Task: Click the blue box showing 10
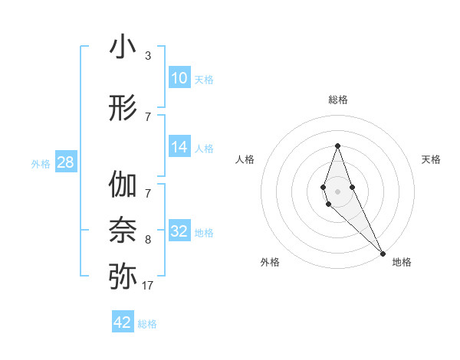click(x=179, y=78)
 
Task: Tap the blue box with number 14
click(x=179, y=148)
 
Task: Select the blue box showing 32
click(x=179, y=231)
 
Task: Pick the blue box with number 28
click(x=65, y=162)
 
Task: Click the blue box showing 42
click(x=123, y=322)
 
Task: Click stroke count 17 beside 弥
click(x=147, y=286)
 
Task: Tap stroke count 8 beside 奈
click(x=147, y=240)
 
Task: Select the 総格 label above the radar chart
click(x=337, y=100)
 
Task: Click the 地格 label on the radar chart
click(x=402, y=262)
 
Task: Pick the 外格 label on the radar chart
click(x=270, y=262)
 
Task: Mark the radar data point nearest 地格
click(x=382, y=253)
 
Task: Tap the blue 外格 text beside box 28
click(x=41, y=163)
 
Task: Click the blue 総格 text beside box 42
click(x=147, y=324)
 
